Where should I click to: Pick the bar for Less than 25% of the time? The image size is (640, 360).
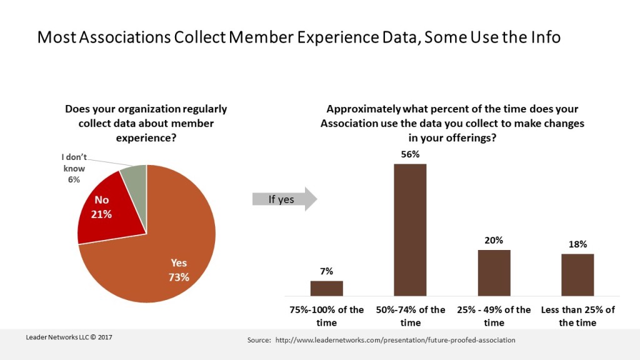(577, 274)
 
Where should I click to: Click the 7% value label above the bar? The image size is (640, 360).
(326, 271)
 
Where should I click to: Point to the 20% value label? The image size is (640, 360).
(494, 240)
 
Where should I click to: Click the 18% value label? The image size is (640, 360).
(577, 244)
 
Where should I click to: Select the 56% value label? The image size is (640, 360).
(410, 154)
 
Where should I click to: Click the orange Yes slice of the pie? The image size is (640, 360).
(169, 250)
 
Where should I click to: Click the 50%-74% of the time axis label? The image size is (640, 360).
(410, 316)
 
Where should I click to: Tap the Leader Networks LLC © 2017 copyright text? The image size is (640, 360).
(69, 337)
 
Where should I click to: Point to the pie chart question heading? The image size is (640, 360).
(146, 123)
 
